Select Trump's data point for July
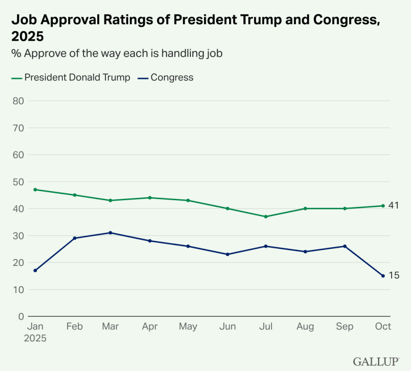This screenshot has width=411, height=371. click(266, 217)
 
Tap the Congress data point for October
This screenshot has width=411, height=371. click(383, 276)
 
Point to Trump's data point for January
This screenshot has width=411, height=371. click(35, 190)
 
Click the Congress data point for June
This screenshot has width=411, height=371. click(227, 255)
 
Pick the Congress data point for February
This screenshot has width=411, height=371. click(75, 238)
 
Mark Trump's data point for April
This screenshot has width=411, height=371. click(150, 198)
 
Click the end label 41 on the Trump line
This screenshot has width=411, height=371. click(394, 206)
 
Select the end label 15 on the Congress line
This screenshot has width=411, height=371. click(394, 275)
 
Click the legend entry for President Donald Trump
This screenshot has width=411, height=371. click(71, 78)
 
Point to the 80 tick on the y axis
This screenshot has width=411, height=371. click(18, 101)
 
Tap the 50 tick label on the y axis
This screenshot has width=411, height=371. click(18, 182)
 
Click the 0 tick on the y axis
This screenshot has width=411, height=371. click(20, 316)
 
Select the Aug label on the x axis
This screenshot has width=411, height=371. click(305, 327)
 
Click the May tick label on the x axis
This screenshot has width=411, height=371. click(188, 327)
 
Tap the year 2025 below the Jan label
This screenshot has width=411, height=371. click(36, 339)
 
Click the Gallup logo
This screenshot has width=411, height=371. click(376, 362)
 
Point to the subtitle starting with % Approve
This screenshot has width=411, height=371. click(117, 54)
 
